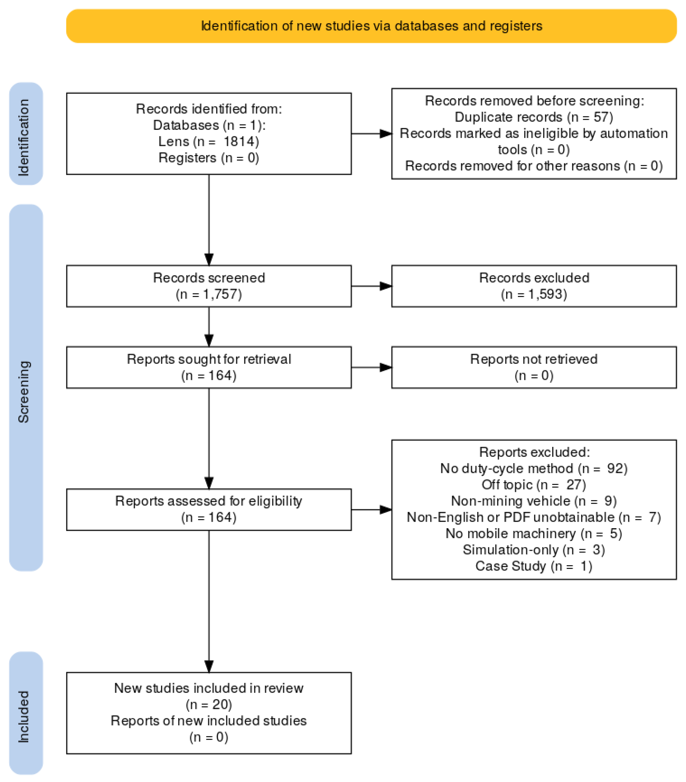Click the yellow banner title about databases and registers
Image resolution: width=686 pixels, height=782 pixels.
tap(371, 26)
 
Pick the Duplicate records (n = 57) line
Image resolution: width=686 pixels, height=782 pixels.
tap(533, 117)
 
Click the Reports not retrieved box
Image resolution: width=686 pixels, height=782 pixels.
tap(533, 367)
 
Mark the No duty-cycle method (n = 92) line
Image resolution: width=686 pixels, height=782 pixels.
tap(533, 468)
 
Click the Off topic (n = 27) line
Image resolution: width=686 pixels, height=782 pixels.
tap(533, 485)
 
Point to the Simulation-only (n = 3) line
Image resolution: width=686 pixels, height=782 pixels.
tap(533, 550)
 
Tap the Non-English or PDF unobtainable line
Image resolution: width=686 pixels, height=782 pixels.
tap(533, 517)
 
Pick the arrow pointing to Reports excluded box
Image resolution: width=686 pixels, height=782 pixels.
tap(371, 510)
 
